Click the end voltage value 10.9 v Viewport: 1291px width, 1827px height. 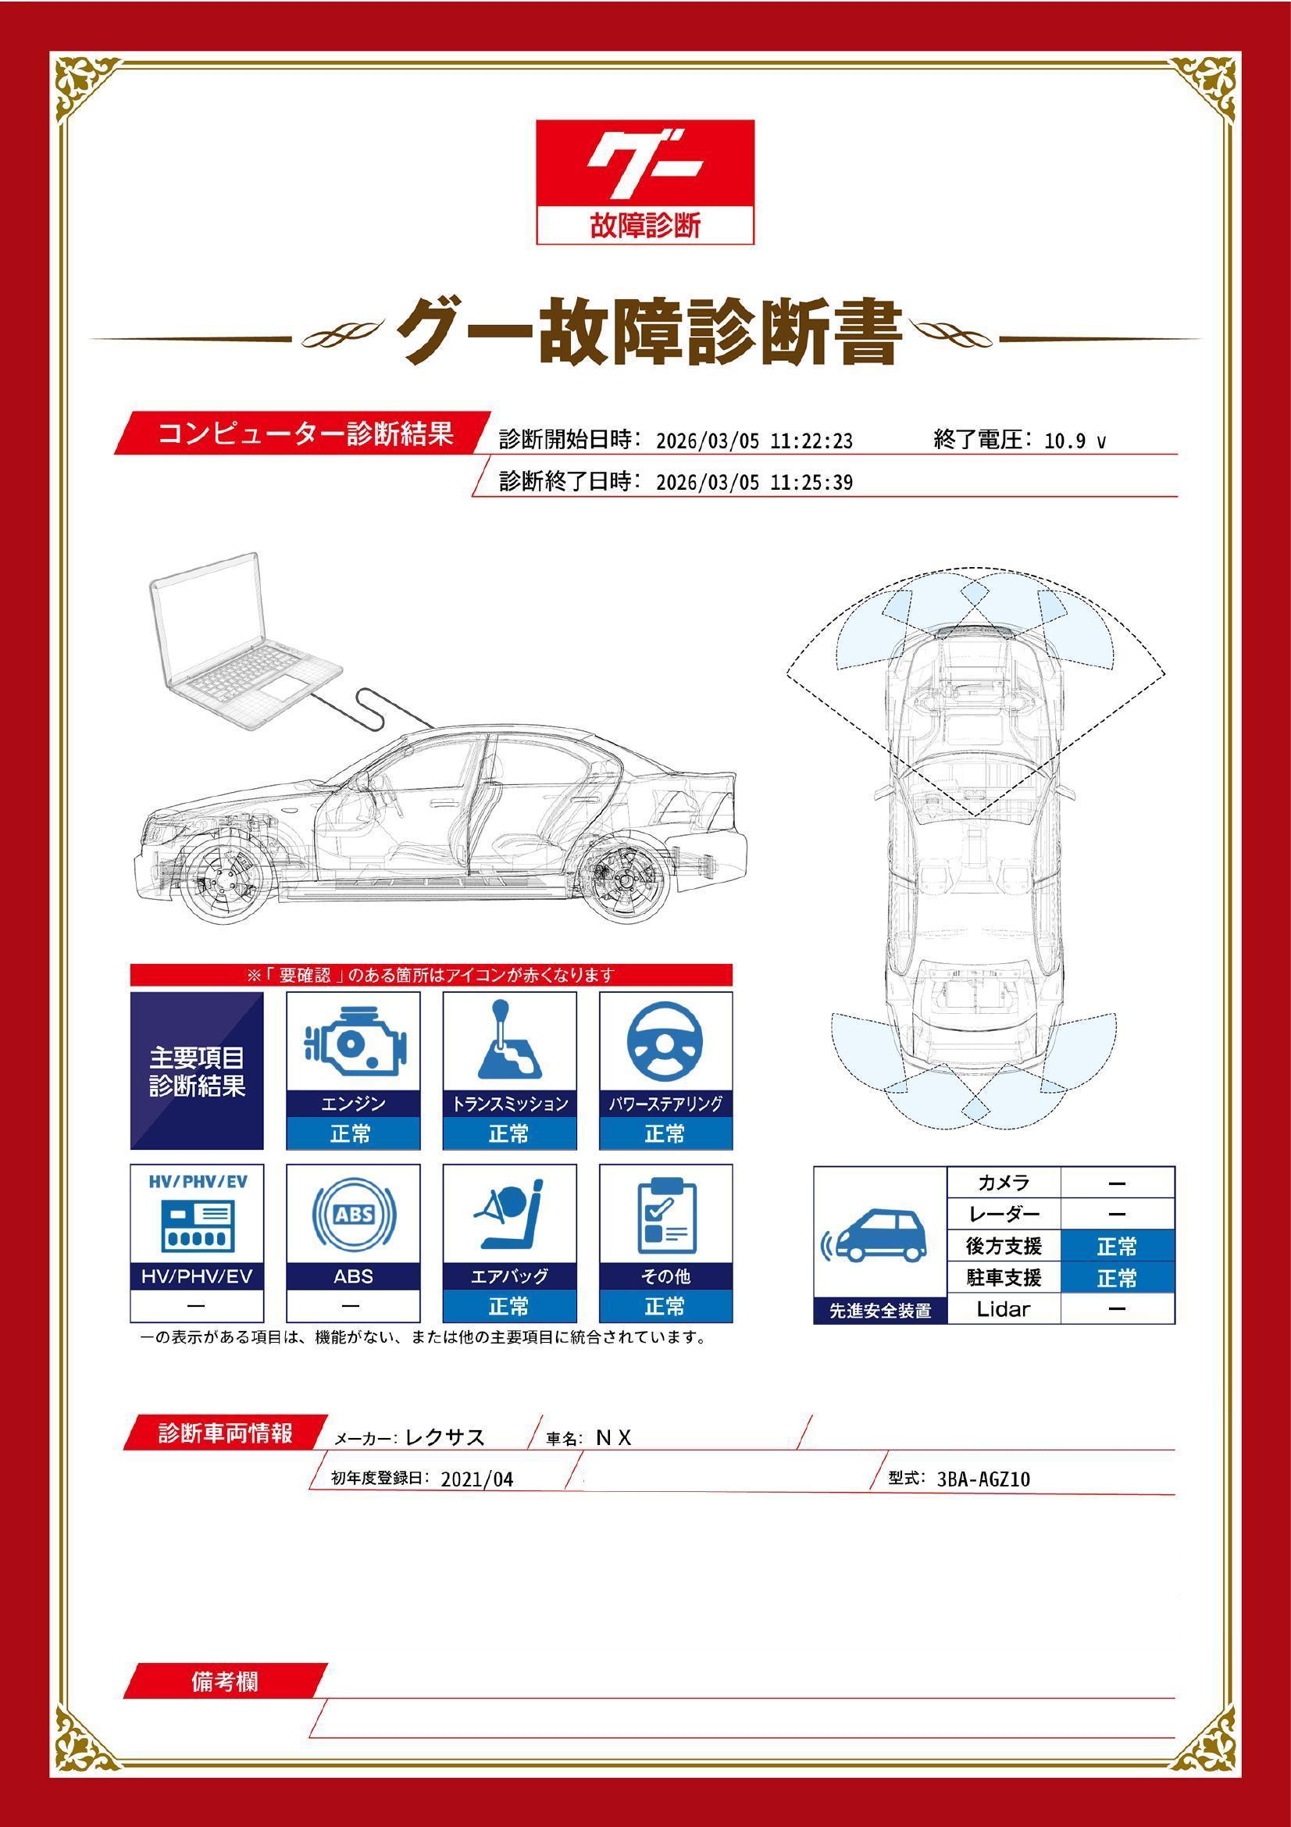coord(1075,441)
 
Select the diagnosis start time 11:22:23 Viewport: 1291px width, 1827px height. coord(811,441)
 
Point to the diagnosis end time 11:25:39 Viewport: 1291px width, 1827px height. coord(811,482)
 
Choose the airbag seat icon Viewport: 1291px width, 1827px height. coord(508,1215)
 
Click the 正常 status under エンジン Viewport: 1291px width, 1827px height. coord(351,1133)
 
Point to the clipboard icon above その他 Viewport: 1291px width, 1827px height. coord(666,1215)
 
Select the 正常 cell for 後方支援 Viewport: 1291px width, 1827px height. coord(1116,1246)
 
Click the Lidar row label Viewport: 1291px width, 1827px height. coord(1003,1309)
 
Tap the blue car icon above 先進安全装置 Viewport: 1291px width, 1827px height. coord(878,1238)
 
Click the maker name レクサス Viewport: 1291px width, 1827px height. coord(444,1437)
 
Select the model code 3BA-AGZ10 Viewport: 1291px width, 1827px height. coord(983,1479)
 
